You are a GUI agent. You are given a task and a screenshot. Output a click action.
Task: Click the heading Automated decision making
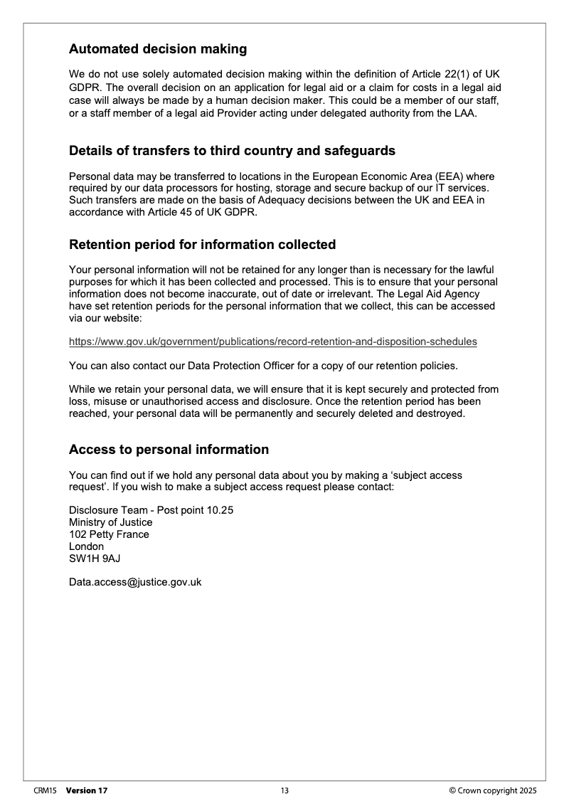pos(158,49)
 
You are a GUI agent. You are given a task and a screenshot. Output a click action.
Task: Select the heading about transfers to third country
pos(232,151)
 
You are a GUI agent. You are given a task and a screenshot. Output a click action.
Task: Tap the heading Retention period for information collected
pos(202,245)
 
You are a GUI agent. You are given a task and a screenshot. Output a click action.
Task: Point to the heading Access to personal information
pos(169,450)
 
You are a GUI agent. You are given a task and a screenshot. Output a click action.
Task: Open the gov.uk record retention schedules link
pos(273,342)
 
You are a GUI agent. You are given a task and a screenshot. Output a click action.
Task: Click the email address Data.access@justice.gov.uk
pos(135,582)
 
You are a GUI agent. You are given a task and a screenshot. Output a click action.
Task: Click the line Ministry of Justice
pos(110,522)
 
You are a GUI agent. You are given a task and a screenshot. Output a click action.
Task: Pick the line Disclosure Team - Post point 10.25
pos(151,510)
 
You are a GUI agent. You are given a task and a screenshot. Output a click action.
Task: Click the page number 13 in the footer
pos(284,790)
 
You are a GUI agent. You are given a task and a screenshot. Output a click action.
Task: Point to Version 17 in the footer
pos(87,790)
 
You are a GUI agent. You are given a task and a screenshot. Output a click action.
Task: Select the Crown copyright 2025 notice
pos(493,790)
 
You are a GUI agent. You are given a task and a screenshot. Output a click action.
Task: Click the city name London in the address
pos(86,546)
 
